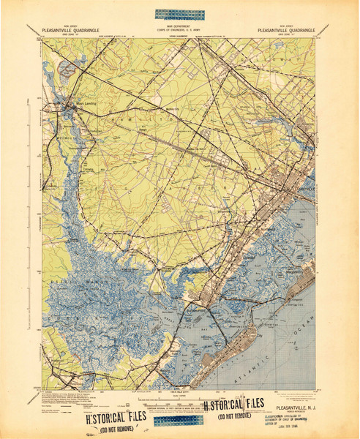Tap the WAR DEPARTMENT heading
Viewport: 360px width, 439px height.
pos(179,25)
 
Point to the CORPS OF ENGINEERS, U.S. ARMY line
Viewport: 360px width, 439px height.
pos(179,29)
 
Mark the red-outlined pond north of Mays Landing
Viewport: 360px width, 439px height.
pos(69,70)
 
